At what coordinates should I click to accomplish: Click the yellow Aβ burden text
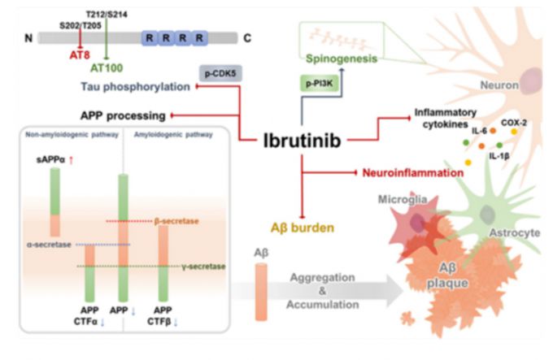(x=305, y=228)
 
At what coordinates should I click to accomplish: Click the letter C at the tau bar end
(x=247, y=37)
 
